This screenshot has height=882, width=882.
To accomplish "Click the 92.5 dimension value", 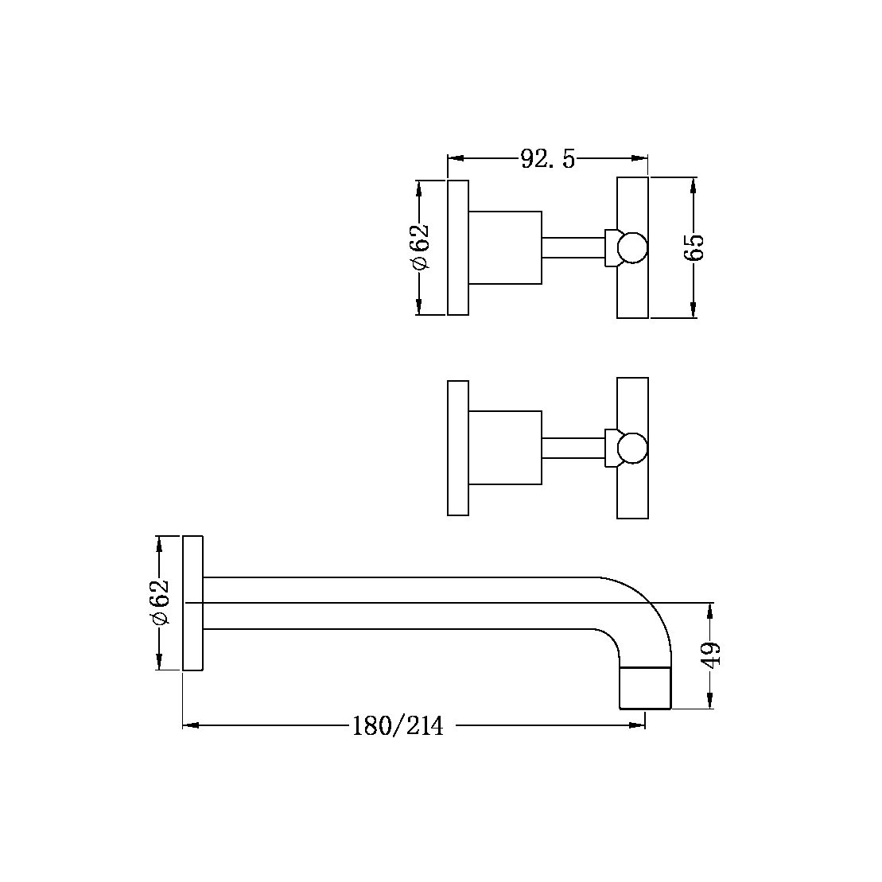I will pos(547,159).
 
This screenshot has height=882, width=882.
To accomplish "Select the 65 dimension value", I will pos(694,247).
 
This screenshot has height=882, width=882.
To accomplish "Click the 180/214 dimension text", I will pos(398,725).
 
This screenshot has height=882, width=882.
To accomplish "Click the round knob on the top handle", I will pos(633,247).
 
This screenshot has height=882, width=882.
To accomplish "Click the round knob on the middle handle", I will pos(633,448).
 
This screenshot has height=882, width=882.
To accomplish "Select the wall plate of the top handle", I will pos(458,247).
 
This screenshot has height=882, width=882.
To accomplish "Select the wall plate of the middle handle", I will pos(458,448).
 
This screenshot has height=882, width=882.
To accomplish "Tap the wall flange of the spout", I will pos(194,603).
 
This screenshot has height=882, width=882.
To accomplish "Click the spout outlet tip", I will pos(645,688).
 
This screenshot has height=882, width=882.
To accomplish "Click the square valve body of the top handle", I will pos(505,247).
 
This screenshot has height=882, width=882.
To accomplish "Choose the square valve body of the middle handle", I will pos(505,448).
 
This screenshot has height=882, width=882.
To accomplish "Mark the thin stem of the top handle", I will pos(573,247).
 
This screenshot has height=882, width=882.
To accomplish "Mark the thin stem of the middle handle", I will pos(573,448).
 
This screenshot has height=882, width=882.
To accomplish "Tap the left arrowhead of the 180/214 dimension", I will pos(192,725).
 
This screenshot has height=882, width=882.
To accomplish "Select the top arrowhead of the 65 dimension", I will pos(694,185).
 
